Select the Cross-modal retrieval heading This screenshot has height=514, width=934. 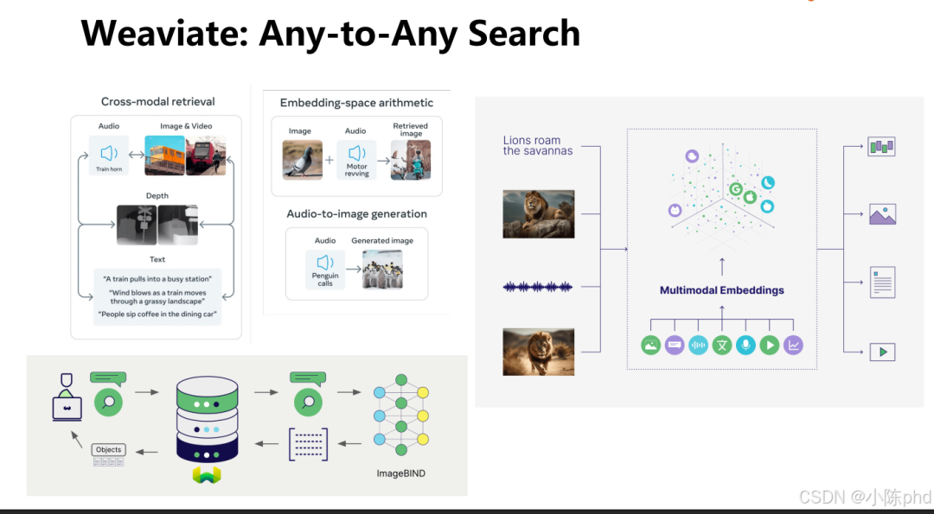tap(157, 102)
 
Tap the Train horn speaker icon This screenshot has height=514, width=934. tap(109, 154)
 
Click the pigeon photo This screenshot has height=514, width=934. tap(302, 160)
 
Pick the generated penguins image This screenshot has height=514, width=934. tap(382, 268)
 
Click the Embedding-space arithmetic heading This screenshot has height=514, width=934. tap(356, 103)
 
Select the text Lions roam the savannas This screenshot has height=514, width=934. tap(538, 145)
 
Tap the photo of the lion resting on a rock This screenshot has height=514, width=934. tap(538, 213)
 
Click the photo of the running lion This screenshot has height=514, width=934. tap(538, 352)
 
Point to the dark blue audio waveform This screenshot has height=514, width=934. tap(538, 287)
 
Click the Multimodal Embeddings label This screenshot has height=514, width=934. tap(721, 290)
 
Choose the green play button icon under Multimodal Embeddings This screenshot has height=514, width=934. tap(769, 345)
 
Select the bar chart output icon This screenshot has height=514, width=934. tap(881, 146)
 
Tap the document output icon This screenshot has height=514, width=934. tap(882, 282)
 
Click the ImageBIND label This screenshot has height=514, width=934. tap(400, 473)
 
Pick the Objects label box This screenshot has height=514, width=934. tap(109, 450)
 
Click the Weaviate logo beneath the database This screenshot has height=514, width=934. tap(206, 474)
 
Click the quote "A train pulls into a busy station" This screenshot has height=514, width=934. tap(157, 279)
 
